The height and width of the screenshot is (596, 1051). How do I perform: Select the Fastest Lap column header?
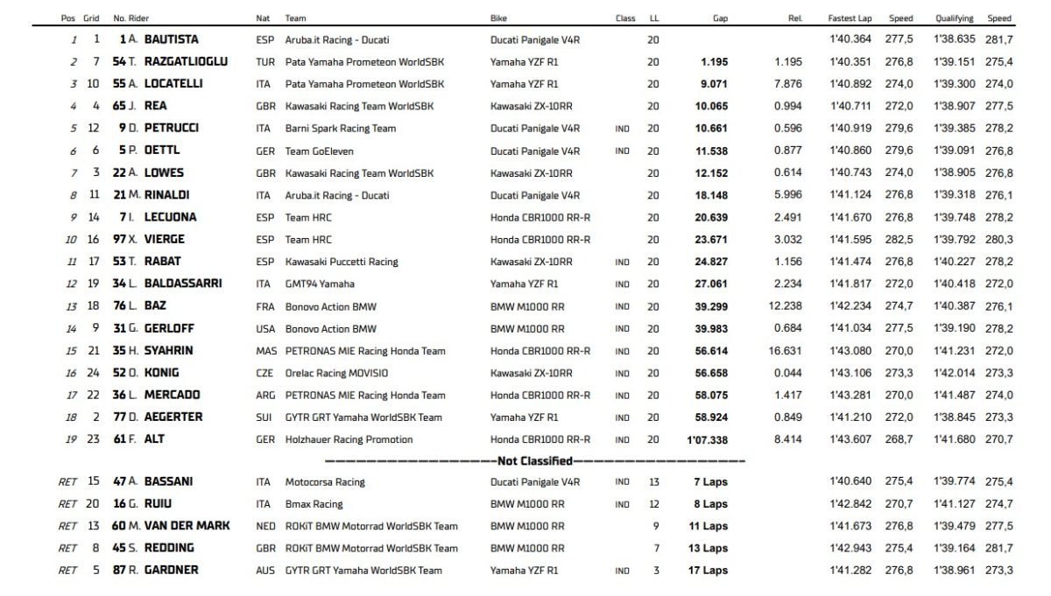point(848,18)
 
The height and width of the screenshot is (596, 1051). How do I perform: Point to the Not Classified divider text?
point(534,460)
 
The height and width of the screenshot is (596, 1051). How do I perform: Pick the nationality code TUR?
point(265,61)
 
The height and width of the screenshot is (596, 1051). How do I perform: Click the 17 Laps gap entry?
point(709,571)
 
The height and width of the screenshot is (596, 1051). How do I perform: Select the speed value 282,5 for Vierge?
point(900,239)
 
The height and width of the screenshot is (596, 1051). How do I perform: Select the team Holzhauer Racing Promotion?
point(349,439)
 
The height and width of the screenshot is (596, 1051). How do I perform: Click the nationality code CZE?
point(265,372)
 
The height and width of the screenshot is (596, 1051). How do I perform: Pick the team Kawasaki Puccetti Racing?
point(341,261)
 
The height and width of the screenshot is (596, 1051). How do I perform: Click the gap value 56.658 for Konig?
point(712,372)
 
